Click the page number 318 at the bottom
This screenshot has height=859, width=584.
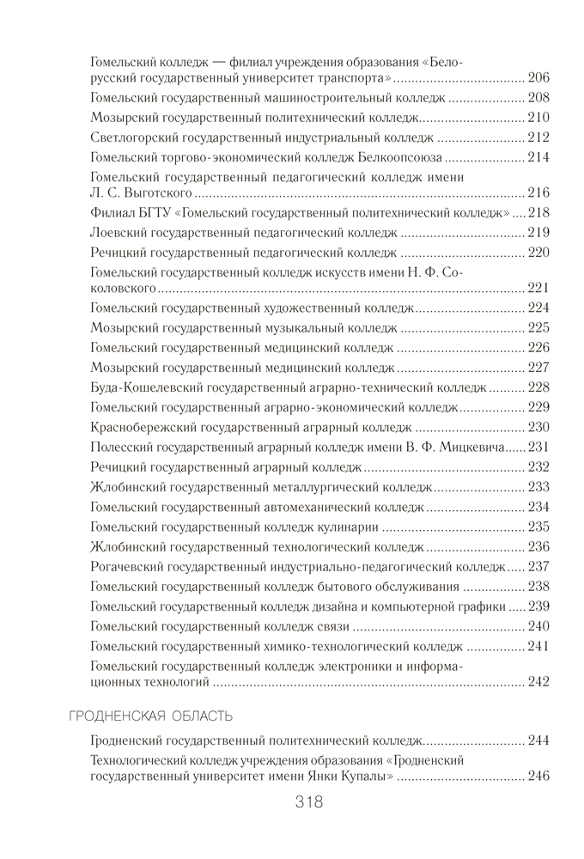click(x=307, y=804)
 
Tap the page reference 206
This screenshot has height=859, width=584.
click(x=538, y=77)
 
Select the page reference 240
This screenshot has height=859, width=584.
click(x=538, y=626)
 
